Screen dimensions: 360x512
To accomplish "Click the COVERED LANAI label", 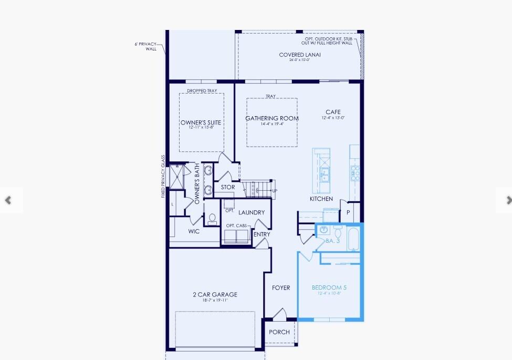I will point(300,55).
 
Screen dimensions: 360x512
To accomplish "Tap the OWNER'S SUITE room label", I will point(201,123).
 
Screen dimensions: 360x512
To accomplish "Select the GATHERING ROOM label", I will point(272,118).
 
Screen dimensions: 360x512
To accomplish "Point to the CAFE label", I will point(333,112).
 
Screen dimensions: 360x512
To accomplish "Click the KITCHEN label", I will point(321,199).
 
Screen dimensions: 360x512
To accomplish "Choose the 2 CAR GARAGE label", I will point(214,295).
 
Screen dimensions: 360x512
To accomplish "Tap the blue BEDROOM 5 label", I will point(329,288).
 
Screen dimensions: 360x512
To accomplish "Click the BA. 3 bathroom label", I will point(333,241).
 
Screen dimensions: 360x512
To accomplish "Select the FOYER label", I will point(281,288).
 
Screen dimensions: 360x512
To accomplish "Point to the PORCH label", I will point(279,332).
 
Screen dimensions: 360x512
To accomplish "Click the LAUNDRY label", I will point(252,213).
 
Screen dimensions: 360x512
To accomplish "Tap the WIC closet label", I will point(194,231).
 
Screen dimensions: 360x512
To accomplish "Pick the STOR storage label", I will point(228,187).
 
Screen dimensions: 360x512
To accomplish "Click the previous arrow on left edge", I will point(8,200).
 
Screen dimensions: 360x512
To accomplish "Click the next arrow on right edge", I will point(507,200).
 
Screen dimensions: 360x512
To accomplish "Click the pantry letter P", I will point(348,212).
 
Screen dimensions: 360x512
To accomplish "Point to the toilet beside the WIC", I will point(212,219).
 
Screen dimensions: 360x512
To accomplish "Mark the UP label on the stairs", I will point(275,191).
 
